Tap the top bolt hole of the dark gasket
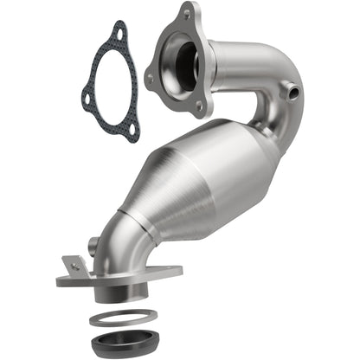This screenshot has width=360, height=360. [x=119, y=33]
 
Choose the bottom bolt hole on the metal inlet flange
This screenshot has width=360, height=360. [x=202, y=106]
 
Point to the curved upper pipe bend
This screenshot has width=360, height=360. [x=260, y=78]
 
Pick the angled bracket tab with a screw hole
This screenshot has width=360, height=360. [x=74, y=264]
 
